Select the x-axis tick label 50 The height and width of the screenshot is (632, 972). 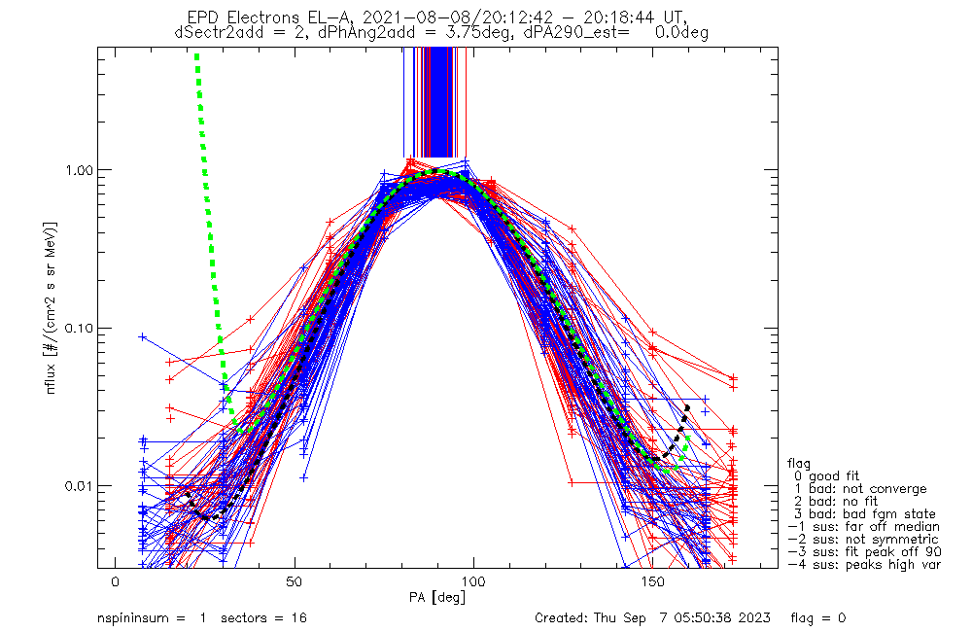(295, 581)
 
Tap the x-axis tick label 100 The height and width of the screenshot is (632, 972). (473, 581)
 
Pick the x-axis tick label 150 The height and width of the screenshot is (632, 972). (653, 581)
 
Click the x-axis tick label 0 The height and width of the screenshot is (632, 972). (116, 581)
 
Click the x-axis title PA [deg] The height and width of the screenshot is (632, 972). (437, 598)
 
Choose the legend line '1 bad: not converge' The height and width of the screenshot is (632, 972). (860, 489)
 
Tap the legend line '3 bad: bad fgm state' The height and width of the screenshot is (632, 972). (864, 514)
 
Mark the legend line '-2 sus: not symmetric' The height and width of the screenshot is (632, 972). (863, 540)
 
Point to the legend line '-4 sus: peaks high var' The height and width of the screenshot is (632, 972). (864, 565)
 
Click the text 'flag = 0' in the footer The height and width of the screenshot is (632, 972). (818, 618)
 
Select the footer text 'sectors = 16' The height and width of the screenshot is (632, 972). (263, 618)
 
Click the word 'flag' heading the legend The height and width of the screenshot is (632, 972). (799, 463)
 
